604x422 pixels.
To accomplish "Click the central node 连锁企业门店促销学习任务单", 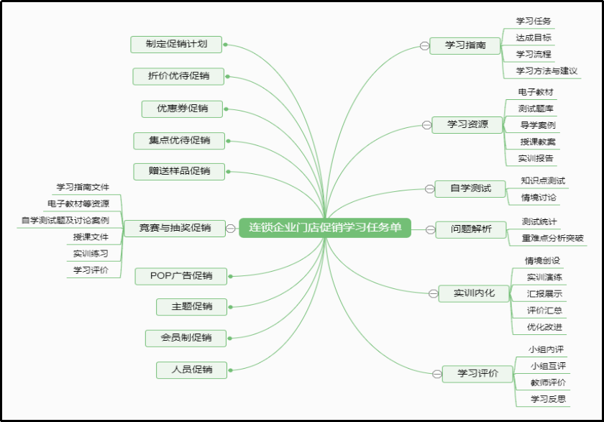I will (325, 228).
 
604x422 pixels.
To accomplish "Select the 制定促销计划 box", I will (176, 44).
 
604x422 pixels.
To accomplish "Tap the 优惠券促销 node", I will (183, 109).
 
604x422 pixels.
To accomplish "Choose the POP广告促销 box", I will (181, 275).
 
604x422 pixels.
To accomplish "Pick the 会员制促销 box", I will (186, 337).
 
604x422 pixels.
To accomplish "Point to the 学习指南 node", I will (465, 45).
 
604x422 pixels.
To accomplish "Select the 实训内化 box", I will (474, 293).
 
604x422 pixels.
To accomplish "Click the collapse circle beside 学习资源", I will (426, 125).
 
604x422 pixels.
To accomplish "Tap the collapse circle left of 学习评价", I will (436, 373).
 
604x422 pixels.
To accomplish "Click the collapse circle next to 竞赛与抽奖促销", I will (230, 229).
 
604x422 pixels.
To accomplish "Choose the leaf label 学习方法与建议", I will (546, 71).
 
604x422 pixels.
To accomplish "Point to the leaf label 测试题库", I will (536, 109).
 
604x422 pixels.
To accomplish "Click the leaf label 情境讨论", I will (539, 198).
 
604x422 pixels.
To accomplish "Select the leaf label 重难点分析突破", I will (552, 238).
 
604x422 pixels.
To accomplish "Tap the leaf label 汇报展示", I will (544, 294).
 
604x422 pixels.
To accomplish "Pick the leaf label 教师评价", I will (548, 382).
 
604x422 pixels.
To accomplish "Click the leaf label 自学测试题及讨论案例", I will (65, 220).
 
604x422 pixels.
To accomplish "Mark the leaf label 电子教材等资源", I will (78, 203).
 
